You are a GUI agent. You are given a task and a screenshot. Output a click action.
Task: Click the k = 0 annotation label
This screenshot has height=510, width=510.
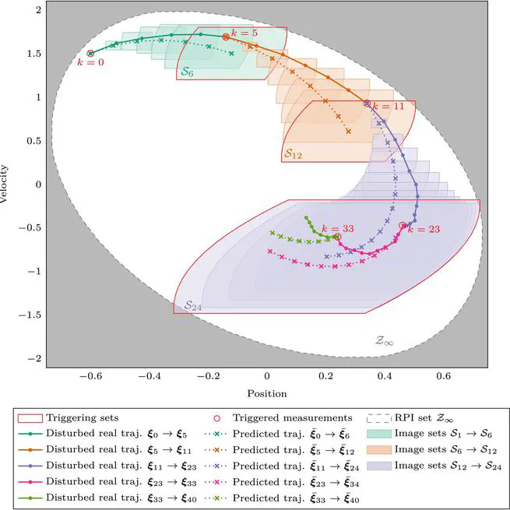tap(90, 64)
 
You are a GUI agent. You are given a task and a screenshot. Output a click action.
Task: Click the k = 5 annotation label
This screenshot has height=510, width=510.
tap(244, 33)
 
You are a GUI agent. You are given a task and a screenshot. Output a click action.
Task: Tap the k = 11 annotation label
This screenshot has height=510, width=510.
tap(388, 106)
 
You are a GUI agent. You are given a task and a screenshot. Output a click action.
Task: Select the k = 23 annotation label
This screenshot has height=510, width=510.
tap(424, 230)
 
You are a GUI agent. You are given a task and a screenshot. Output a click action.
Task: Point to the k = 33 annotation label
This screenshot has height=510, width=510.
tap(338, 228)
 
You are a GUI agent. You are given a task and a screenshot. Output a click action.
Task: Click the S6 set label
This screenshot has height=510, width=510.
tap(187, 71)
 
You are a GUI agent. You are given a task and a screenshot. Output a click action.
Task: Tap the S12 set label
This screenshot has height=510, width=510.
tap(292, 155)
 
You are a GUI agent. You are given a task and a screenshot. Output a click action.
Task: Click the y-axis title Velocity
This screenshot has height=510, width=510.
tap(7, 184)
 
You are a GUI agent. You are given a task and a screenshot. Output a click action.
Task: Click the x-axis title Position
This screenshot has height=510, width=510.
tap(267, 393)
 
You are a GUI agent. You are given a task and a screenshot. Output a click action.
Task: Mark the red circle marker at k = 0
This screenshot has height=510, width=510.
tap(90, 53)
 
